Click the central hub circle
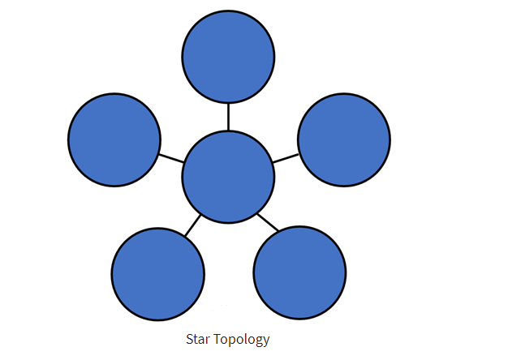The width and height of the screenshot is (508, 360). pos(228,177)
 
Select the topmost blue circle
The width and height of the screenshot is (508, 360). pos(228,57)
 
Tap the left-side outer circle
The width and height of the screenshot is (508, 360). pos(114,139)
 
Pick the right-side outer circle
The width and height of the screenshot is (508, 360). pos(344,139)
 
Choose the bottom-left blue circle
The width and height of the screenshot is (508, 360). pos(158,274)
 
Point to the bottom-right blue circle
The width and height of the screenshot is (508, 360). pos(299,273)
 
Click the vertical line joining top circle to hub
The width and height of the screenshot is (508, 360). pos(228,117)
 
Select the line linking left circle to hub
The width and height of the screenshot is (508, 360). pos(171,158)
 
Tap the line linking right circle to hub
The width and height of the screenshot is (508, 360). pos(286,158)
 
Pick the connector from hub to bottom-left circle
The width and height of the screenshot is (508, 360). pos(193,225)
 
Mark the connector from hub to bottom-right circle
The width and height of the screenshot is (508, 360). pos(268,222)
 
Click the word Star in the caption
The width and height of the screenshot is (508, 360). pos(198,339)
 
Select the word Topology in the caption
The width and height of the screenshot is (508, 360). pos(242,340)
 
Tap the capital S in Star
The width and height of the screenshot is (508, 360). pos(190,339)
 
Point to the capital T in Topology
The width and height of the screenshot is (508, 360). pos(217,339)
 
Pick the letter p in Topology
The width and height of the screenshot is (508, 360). pos(233,341)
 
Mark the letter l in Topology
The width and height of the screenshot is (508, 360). pos(247,339)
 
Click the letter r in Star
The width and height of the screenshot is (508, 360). pos(208,341)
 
